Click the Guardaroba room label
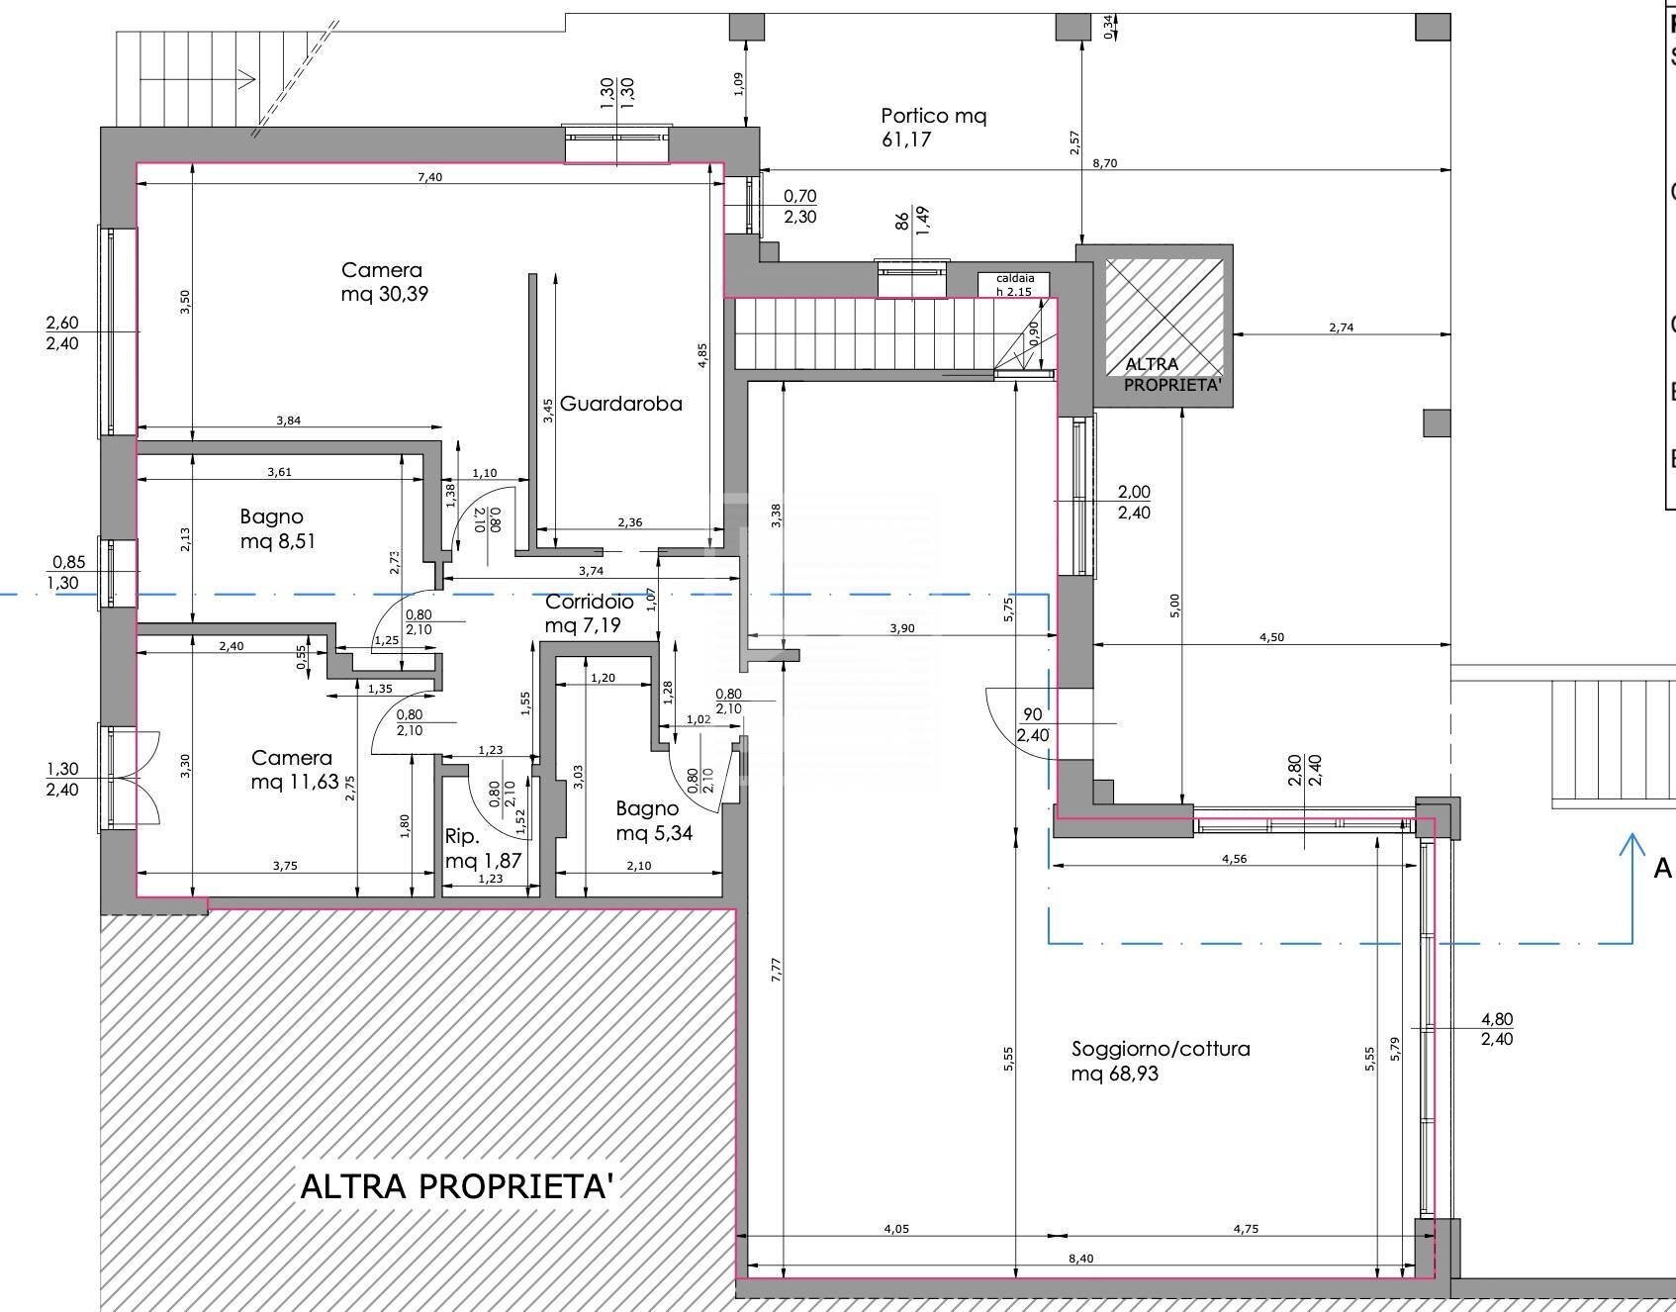click(620, 404)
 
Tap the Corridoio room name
click(590, 602)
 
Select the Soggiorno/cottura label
click(1161, 1049)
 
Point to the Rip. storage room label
click(462, 837)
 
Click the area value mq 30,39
click(385, 294)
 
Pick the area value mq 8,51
click(278, 541)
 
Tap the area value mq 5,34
click(654, 833)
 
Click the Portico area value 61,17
click(906, 140)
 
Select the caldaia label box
click(1015, 285)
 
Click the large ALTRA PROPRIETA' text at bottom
click(458, 1185)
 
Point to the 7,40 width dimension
click(429, 177)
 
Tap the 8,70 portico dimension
click(1104, 163)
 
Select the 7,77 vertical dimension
click(777, 968)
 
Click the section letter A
click(1663, 869)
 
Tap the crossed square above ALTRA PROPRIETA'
click(1164, 317)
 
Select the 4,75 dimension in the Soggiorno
click(1246, 1230)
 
